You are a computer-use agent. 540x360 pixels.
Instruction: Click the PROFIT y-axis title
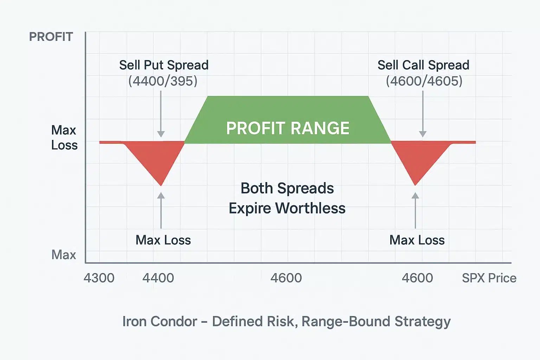point(51,37)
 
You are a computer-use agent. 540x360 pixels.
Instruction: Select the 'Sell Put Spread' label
point(163,65)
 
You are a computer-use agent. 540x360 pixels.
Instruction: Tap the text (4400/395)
point(163,81)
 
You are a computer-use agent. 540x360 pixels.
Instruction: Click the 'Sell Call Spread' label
point(423,65)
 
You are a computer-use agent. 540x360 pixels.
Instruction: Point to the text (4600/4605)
point(424,81)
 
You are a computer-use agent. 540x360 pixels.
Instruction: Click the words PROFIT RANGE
point(288,128)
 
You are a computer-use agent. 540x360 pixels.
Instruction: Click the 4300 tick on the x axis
point(99,278)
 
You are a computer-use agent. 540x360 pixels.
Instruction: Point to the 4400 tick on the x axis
point(158,278)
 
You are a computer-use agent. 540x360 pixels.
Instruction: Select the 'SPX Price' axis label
point(489,278)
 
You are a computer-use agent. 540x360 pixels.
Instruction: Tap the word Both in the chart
point(257,188)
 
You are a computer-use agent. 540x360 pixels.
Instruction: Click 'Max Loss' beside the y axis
point(64,137)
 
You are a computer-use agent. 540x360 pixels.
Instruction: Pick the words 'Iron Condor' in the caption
point(160,321)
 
